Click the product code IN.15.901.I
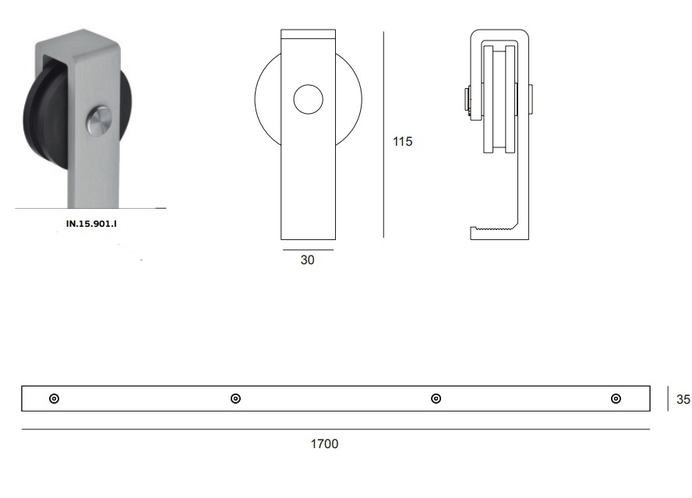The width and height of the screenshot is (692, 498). point(91,224)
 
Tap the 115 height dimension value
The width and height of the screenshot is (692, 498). point(402,141)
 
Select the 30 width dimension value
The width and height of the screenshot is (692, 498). point(307,260)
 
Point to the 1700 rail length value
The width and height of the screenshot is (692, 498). point(324,443)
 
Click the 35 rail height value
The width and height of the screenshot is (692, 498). point(683,399)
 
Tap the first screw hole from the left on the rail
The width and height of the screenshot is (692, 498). point(54,399)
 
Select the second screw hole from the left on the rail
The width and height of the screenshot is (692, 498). point(235,399)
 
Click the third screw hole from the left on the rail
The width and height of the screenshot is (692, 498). point(436,399)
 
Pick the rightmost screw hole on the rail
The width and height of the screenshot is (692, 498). point(616,399)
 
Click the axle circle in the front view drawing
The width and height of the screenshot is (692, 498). point(308,99)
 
